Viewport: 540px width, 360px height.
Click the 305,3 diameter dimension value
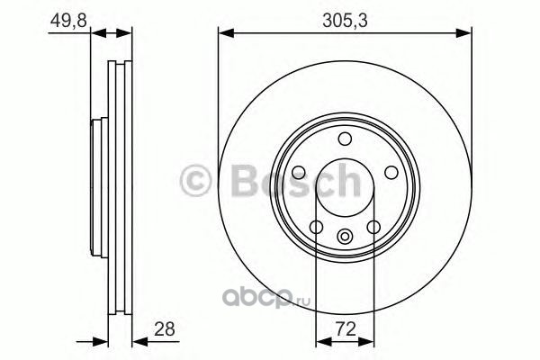tap(345, 21)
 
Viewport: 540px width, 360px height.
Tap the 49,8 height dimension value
tap(68, 21)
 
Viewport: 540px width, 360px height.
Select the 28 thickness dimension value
tap(165, 329)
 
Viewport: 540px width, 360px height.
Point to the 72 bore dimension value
tap(346, 329)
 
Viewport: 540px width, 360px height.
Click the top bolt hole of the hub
tap(345, 139)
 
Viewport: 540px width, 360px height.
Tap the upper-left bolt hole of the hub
tap(299, 172)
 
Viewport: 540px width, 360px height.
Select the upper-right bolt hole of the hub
tap(391, 172)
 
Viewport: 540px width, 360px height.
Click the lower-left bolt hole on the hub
tap(316, 227)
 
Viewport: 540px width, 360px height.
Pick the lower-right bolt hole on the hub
tap(373, 227)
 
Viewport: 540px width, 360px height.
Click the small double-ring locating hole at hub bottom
tap(345, 237)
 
